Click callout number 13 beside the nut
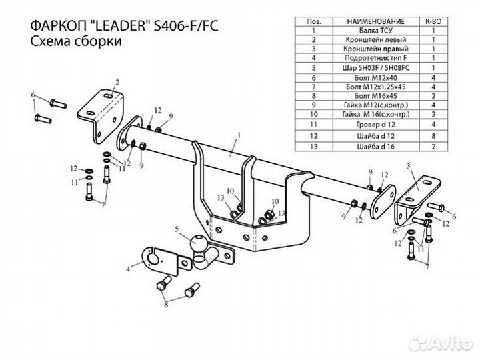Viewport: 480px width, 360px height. tap(282, 213)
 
